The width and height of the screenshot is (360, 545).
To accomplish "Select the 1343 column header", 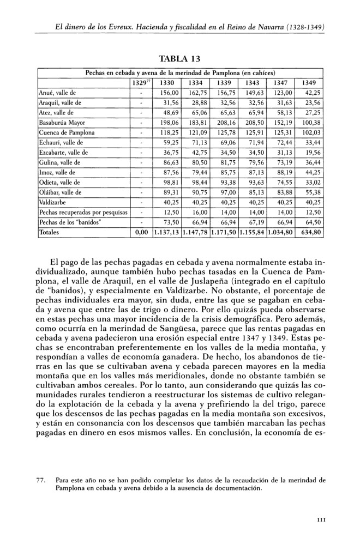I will (x=252, y=82).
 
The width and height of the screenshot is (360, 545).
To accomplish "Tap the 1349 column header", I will (x=309, y=82).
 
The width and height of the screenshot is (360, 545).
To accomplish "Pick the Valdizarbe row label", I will (x=53, y=202).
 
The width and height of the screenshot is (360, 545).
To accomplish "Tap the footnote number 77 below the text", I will (x=39, y=481).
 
